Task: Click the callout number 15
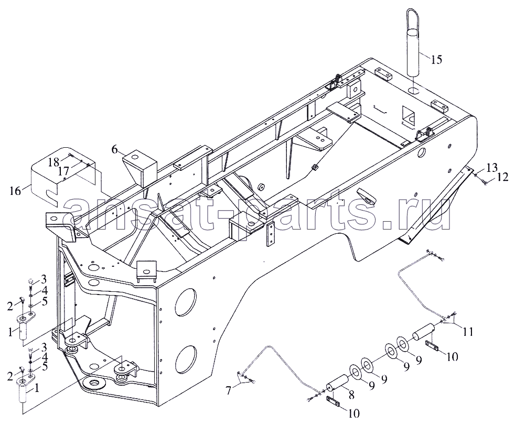(x=436, y=60)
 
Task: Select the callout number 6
(x=114, y=149)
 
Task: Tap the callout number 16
(x=15, y=191)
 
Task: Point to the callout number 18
(x=53, y=161)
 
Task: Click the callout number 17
(x=64, y=171)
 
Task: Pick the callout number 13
(x=492, y=167)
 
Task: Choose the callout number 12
(x=502, y=177)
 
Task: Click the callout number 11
(x=467, y=332)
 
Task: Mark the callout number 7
(x=229, y=390)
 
